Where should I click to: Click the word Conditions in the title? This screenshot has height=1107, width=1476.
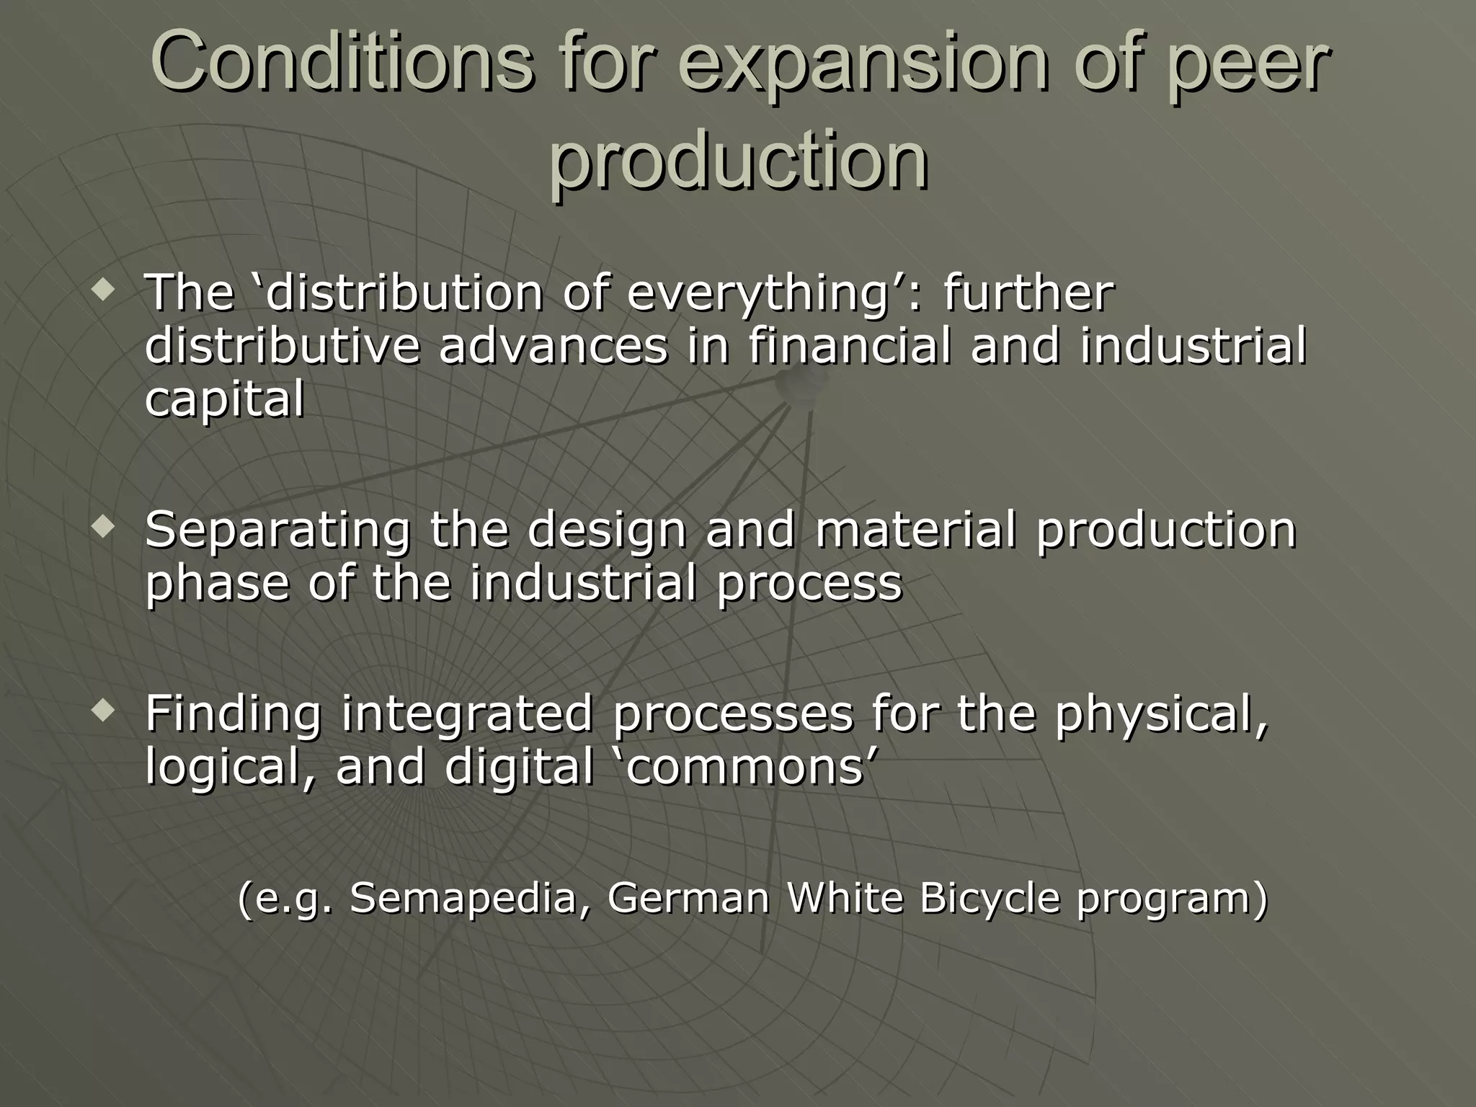[342, 63]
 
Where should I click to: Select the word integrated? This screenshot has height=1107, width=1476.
[466, 714]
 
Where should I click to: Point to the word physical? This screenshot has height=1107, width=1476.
[1161, 714]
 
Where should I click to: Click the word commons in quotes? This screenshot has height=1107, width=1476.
[746, 767]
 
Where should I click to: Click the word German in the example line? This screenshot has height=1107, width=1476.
[688, 899]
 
